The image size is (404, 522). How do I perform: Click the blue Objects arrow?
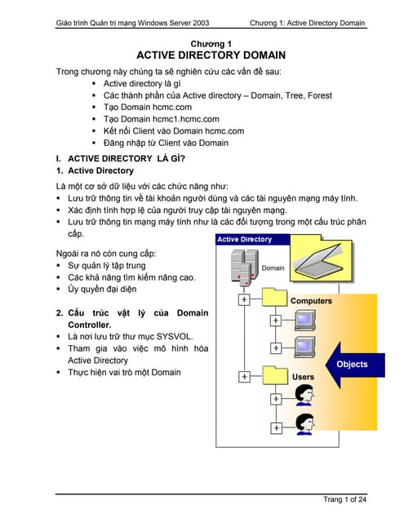point(355,365)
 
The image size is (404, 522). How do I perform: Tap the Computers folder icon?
point(274,297)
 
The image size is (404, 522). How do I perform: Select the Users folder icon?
point(275,375)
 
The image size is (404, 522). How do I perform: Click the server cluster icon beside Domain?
point(245,268)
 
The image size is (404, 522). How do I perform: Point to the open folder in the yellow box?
point(318,260)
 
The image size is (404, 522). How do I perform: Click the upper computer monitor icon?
point(305,321)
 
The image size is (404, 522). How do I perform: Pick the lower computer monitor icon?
point(305,347)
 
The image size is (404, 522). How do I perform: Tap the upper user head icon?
point(304,395)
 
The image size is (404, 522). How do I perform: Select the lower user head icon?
point(304,424)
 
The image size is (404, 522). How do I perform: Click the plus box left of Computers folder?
point(244,299)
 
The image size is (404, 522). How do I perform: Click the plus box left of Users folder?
point(245,377)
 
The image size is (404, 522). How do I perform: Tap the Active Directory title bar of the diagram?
point(253,239)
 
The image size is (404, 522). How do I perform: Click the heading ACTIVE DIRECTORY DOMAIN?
point(211,55)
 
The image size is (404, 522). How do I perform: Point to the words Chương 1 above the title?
point(211,43)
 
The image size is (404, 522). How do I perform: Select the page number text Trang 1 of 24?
point(344,499)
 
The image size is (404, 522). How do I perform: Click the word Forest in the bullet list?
point(320,95)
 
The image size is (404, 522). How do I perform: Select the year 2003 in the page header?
point(201,23)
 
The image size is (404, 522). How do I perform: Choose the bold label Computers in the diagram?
point(312,301)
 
